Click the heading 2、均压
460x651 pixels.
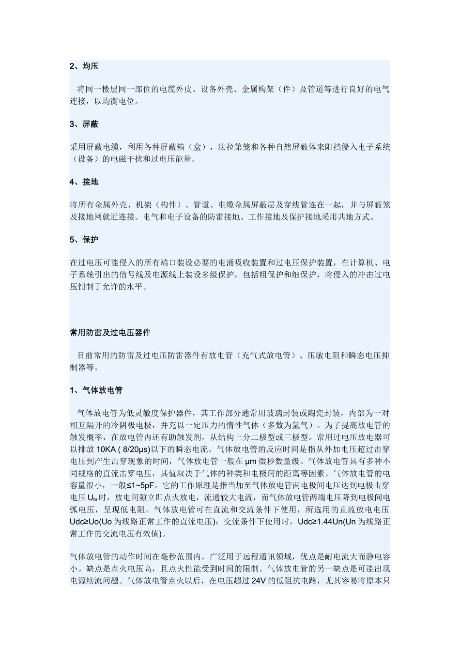84,66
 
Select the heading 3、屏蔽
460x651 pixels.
84,124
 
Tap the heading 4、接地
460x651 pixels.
84,182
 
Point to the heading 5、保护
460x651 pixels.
84,239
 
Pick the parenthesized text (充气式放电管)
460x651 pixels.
265,356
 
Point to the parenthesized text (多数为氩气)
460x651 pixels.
287,425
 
